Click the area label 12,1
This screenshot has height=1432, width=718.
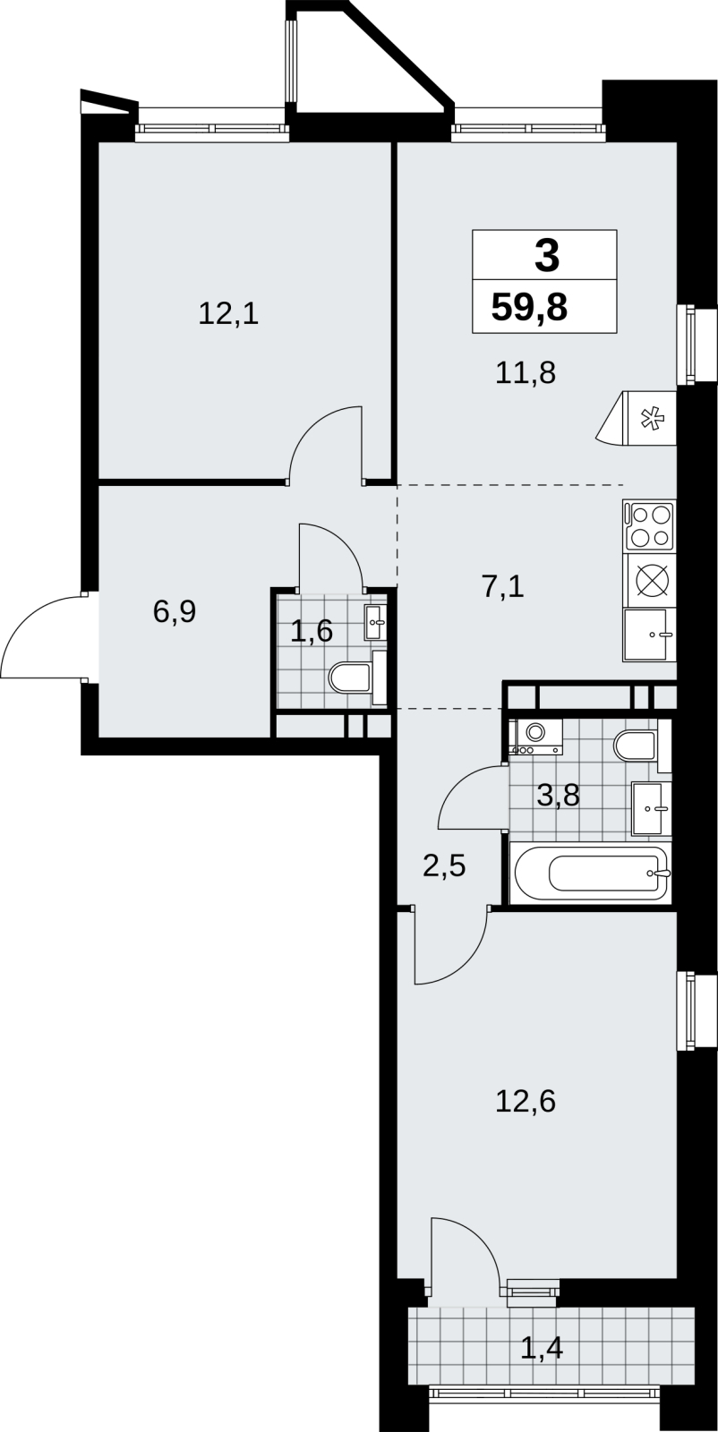pyautogui.click(x=228, y=314)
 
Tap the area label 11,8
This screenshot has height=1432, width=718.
pyautogui.click(x=526, y=372)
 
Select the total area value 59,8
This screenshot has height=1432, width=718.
pyautogui.click(x=529, y=308)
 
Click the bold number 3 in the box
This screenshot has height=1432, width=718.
pyautogui.click(x=547, y=255)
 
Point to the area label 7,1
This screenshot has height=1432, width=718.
pyautogui.click(x=503, y=586)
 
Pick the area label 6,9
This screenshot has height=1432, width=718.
pyautogui.click(x=175, y=612)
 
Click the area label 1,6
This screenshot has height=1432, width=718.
pyautogui.click(x=312, y=631)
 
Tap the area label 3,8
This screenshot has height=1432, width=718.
pyautogui.click(x=558, y=796)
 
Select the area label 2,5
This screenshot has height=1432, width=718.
pyautogui.click(x=444, y=867)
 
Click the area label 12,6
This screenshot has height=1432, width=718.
pyautogui.click(x=526, y=1101)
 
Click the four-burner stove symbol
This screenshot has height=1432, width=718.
pyautogui.click(x=649, y=525)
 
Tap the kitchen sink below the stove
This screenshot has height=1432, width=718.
pyautogui.click(x=649, y=635)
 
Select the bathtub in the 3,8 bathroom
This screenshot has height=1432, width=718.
pyautogui.click(x=590, y=873)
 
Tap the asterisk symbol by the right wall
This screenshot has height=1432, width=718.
pyautogui.click(x=653, y=420)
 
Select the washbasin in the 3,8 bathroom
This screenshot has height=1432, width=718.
pyautogui.click(x=652, y=808)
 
